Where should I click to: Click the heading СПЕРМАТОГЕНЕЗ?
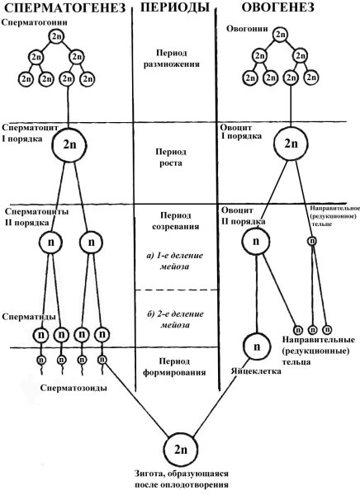(x=64, y=9)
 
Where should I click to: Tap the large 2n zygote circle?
(x=181, y=450)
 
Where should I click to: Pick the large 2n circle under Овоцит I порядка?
(x=291, y=143)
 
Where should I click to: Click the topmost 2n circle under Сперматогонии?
(x=56, y=38)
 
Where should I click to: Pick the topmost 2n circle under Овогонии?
(x=282, y=36)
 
